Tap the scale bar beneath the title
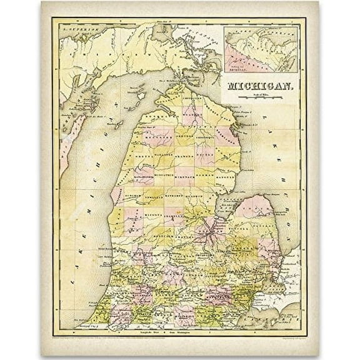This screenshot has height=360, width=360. point(258,98)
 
